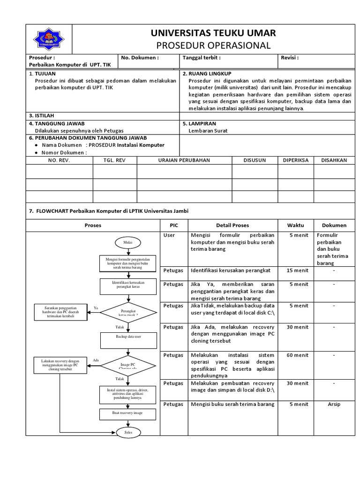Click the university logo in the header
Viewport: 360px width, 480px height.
click(50, 39)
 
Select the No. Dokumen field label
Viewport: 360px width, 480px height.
click(140, 58)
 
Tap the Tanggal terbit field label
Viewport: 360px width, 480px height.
click(202, 58)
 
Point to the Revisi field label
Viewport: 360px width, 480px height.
click(290, 58)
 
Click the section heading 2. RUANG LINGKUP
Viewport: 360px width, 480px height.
click(207, 74)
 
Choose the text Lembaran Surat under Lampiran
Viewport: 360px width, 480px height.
click(208, 131)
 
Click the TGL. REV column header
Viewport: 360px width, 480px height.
click(115, 160)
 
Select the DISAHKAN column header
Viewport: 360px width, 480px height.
click(334, 160)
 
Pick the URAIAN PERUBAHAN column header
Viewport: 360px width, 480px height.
click(184, 160)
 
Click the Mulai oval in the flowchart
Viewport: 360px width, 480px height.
click(127, 242)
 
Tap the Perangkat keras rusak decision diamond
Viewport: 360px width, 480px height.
click(128, 313)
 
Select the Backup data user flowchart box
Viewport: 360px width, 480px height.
click(128, 337)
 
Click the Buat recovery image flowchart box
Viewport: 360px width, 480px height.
click(128, 413)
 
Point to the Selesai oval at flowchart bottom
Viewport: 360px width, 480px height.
click(128, 432)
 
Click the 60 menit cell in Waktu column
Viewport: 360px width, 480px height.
click(297, 355)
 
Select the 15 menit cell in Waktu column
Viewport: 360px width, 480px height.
click(297, 270)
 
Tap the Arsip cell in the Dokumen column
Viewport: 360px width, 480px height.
click(334, 404)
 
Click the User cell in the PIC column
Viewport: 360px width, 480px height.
click(169, 235)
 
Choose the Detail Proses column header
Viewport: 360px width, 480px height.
click(232, 225)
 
